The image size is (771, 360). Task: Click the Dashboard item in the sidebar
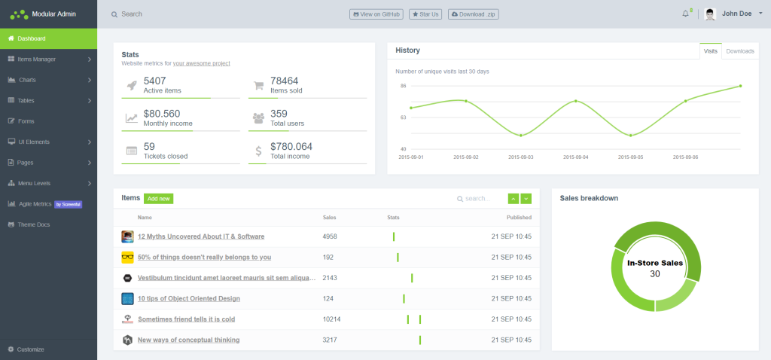click(x=32, y=38)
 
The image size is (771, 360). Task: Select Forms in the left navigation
click(x=26, y=121)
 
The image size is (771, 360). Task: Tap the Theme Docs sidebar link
click(x=33, y=224)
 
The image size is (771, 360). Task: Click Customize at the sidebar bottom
click(x=30, y=349)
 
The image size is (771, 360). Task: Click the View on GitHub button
click(x=376, y=14)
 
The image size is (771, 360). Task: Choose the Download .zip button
click(x=474, y=14)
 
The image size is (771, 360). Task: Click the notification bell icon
click(x=685, y=14)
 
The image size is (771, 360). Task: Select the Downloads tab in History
click(x=740, y=51)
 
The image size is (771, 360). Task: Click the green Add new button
click(x=158, y=199)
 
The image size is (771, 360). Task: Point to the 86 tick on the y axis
click(x=403, y=86)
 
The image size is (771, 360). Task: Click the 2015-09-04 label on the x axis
click(x=575, y=157)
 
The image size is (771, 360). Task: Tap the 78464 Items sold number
click(x=285, y=81)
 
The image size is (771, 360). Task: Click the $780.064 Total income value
click(x=291, y=146)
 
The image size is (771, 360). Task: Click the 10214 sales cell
click(x=331, y=319)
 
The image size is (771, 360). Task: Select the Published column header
click(x=519, y=217)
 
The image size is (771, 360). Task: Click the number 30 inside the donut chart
click(x=655, y=273)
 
